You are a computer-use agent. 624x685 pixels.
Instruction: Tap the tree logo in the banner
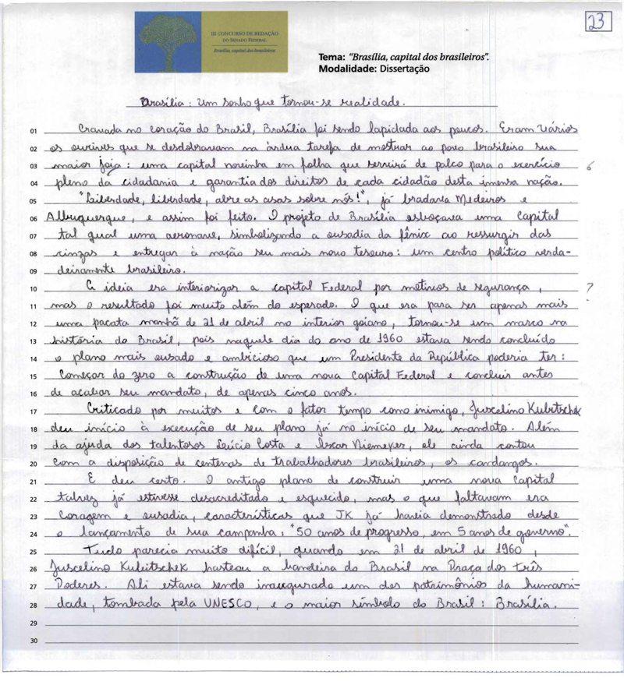coord(167,41)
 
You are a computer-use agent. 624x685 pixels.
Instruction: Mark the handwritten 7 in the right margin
coord(590,288)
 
